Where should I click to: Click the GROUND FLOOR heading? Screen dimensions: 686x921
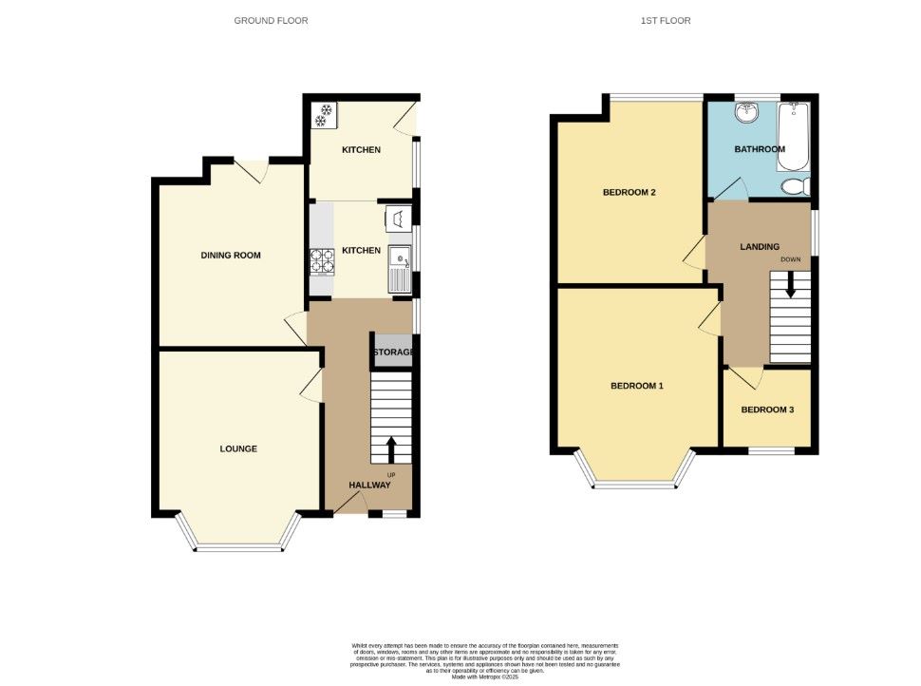(x=271, y=20)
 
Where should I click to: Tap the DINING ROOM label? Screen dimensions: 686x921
(x=230, y=255)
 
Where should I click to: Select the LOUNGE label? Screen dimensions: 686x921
(x=238, y=448)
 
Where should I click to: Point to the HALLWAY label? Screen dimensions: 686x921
(x=369, y=485)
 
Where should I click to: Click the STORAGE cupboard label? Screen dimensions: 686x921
(x=392, y=353)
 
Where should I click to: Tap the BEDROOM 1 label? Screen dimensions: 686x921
(x=636, y=386)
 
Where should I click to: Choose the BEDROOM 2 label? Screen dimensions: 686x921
(x=630, y=192)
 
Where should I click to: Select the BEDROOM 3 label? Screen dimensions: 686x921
(x=765, y=410)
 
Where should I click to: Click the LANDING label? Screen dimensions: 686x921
(x=760, y=247)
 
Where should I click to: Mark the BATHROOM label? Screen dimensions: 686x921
(x=760, y=149)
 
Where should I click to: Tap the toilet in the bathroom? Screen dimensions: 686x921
(x=793, y=185)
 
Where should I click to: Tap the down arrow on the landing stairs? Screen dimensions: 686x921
(x=790, y=286)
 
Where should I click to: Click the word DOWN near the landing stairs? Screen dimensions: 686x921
(x=790, y=259)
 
